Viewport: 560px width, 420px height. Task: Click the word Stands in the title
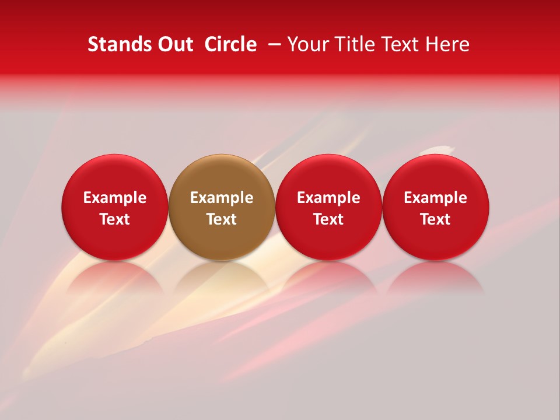[120, 44]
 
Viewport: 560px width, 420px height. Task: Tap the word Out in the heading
[174, 44]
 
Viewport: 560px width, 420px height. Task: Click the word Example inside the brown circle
[222, 198]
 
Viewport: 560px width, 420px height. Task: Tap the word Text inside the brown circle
[222, 219]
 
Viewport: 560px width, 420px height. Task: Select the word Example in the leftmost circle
[115, 198]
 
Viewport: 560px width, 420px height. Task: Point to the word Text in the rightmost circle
[436, 219]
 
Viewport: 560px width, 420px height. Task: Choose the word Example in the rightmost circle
[436, 198]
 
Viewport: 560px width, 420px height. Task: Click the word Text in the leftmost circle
[115, 219]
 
